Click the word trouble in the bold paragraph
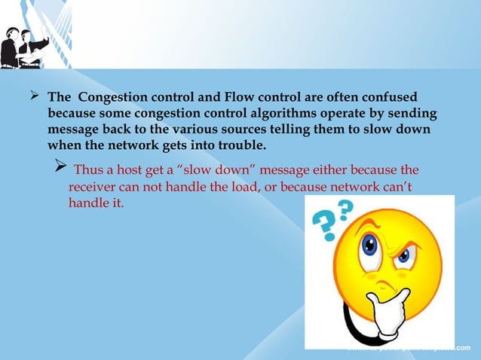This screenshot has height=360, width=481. click(x=240, y=145)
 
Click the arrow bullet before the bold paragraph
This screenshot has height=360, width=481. click(x=33, y=98)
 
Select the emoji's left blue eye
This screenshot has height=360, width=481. click(x=369, y=247)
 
